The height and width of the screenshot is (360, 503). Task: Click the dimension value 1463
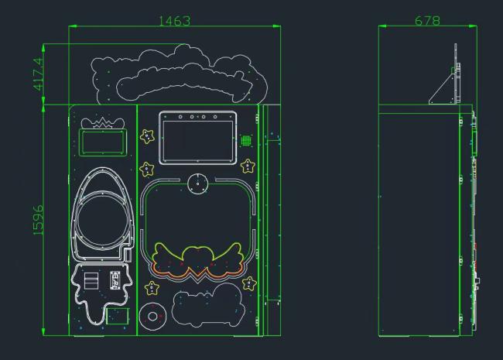pos(175,21)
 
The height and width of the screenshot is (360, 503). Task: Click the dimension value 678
pos(427,21)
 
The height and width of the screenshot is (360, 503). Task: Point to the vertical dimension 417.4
pos(38,74)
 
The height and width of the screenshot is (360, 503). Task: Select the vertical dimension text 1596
pos(38,220)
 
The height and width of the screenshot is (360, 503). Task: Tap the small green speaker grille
pos(246,140)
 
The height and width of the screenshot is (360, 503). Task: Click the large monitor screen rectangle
pos(198,138)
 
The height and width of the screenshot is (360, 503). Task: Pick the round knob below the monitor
pos(197,183)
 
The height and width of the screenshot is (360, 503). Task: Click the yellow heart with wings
pos(197,259)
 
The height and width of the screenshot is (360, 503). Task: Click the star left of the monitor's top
pos(147,136)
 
